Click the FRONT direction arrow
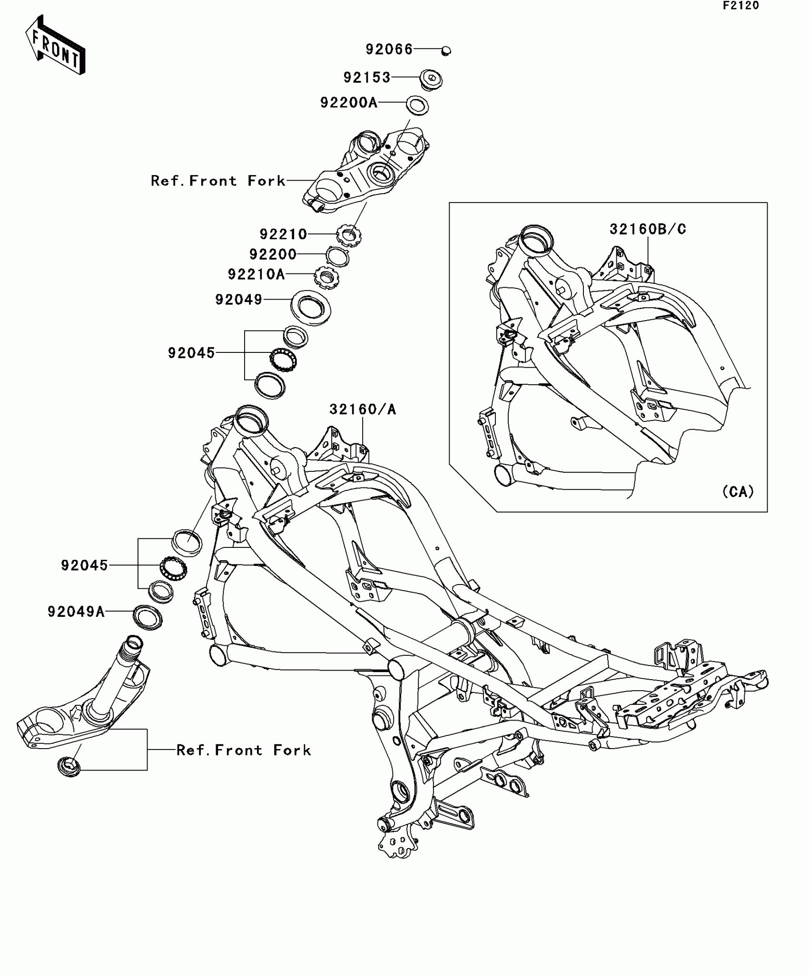pyautogui.click(x=55, y=45)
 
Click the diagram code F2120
pyautogui.click(x=741, y=6)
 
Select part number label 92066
pyautogui.click(x=389, y=49)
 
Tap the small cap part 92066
pyautogui.click(x=446, y=50)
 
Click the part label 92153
pyautogui.click(x=367, y=77)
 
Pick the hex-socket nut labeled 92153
pyautogui.click(x=431, y=78)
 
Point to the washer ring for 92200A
pyautogui.click(x=417, y=105)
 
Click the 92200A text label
pyautogui.click(x=349, y=102)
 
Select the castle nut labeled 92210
pyautogui.click(x=349, y=235)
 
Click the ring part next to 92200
pyautogui.click(x=338, y=256)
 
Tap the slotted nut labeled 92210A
pyautogui.click(x=326, y=276)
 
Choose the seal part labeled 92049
pyautogui.click(x=311, y=308)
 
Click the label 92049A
pyautogui.click(x=76, y=611)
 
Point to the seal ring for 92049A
pyautogui.click(x=148, y=617)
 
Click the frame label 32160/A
pyautogui.click(x=363, y=409)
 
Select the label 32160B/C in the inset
pyautogui.click(x=648, y=229)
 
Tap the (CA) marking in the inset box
pyautogui.click(x=738, y=491)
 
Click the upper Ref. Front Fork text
pyautogui.click(x=218, y=181)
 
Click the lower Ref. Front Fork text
pyautogui.click(x=244, y=750)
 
